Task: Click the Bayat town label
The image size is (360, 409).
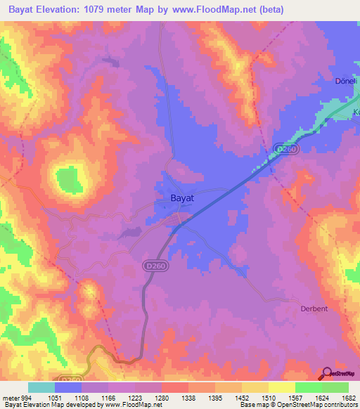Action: [x=183, y=199]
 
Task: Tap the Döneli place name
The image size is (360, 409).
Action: [x=345, y=81]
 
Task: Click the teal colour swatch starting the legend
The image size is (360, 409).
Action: [x=41, y=387]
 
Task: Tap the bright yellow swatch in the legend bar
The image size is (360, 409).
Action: [x=281, y=387]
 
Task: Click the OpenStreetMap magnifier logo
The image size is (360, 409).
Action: [x=327, y=374]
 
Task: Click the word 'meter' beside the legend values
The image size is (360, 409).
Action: [x=10, y=396]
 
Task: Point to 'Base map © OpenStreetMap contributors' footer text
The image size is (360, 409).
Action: [x=296, y=405]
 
